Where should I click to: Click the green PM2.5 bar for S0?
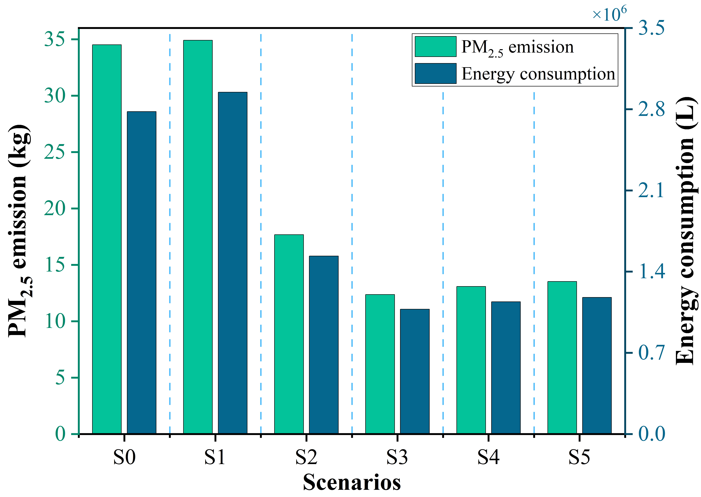(x=107, y=239)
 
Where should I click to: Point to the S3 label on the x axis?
(x=397, y=457)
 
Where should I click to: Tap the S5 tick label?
(x=579, y=457)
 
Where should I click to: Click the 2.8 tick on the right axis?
(x=651, y=109)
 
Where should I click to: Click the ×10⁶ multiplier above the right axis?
(x=609, y=14)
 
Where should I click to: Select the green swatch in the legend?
(x=435, y=46)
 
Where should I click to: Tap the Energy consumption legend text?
(x=538, y=74)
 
